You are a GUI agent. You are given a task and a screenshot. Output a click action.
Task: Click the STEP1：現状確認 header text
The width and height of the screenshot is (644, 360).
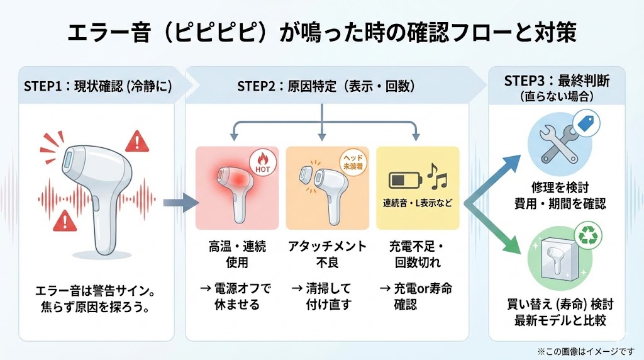pos(97,86)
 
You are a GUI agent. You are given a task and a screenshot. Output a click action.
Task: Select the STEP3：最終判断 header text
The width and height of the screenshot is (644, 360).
pos(557,81)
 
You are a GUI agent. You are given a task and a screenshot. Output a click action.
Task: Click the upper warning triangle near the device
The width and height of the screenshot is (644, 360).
pos(135,142)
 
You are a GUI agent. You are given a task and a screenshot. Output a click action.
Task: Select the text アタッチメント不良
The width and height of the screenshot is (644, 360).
pos(326,254)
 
